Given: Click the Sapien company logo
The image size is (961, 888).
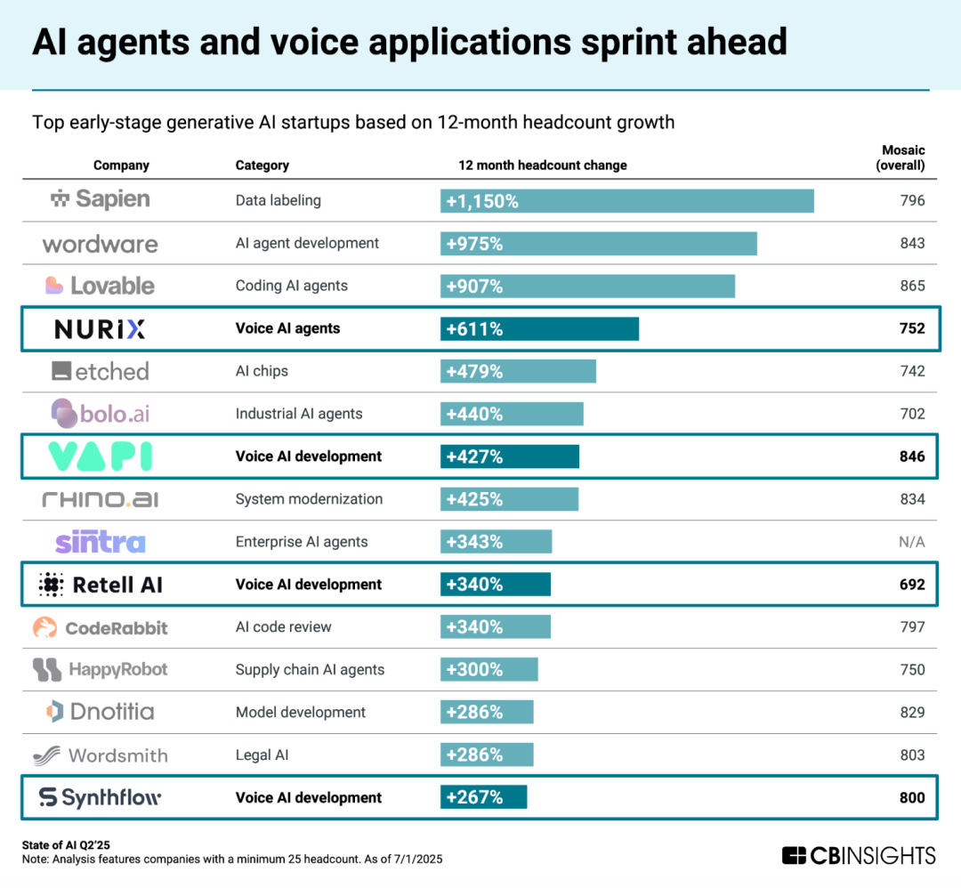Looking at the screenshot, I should pyautogui.click(x=100, y=200).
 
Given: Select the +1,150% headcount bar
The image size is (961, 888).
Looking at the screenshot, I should pyautogui.click(x=626, y=201).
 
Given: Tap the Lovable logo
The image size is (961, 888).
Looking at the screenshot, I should pyautogui.click(x=100, y=286).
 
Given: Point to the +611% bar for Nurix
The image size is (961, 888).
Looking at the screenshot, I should pyautogui.click(x=539, y=329).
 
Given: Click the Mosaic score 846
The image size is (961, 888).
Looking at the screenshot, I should pyautogui.click(x=912, y=456).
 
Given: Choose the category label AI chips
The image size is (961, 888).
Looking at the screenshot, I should pyautogui.click(x=262, y=371).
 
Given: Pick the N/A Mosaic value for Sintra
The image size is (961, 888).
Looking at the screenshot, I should pyautogui.click(x=912, y=542).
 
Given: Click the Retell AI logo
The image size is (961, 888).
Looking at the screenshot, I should pyautogui.click(x=101, y=585).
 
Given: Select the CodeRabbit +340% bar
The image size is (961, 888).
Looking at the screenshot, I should pyautogui.click(x=495, y=627).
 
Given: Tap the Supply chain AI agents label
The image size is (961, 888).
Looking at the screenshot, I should pyautogui.click(x=310, y=670).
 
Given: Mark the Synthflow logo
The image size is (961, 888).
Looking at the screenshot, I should pyautogui.click(x=100, y=798).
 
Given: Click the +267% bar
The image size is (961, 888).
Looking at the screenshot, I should pyautogui.click(x=483, y=798).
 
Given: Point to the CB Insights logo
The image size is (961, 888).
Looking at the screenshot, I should pyautogui.click(x=859, y=856).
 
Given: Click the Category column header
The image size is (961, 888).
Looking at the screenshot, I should pyautogui.click(x=262, y=165).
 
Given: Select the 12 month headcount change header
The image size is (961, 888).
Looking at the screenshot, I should pyautogui.click(x=542, y=165).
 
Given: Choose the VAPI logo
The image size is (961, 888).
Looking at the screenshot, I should pyautogui.click(x=100, y=456).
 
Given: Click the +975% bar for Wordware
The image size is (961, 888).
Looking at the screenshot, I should pyautogui.click(x=598, y=244).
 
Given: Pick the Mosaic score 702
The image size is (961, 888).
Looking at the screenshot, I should pyautogui.click(x=912, y=414).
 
